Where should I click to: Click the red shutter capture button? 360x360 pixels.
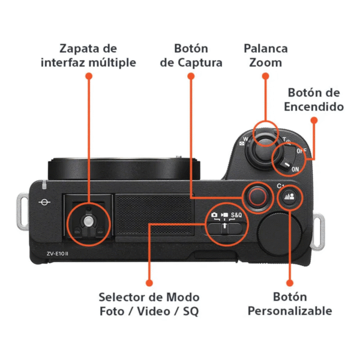[257, 196]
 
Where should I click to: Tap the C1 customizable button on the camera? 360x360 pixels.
[290, 197]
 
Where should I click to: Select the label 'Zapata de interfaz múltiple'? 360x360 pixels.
[88, 55]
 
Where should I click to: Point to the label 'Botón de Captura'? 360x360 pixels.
[191, 55]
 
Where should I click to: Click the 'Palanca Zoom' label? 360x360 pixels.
[265, 55]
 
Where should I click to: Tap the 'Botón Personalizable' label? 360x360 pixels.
[290, 304]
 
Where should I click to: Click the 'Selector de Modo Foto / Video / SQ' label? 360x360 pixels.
[149, 304]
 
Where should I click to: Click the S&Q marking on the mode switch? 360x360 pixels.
[236, 215]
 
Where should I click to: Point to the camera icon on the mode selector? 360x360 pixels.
[214, 215]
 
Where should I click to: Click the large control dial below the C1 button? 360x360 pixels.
[280, 232]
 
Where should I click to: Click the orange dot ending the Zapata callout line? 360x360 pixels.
[89, 76]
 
